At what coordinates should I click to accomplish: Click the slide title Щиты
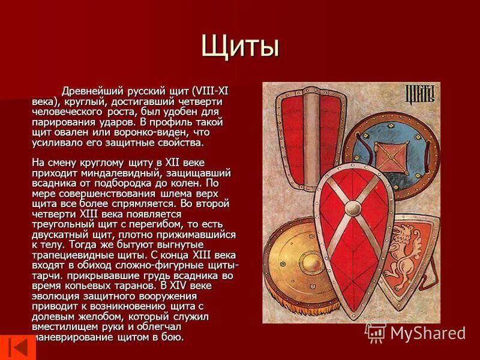(240, 47)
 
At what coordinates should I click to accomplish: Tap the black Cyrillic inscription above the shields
(419, 94)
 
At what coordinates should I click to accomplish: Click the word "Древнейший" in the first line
(91, 92)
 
